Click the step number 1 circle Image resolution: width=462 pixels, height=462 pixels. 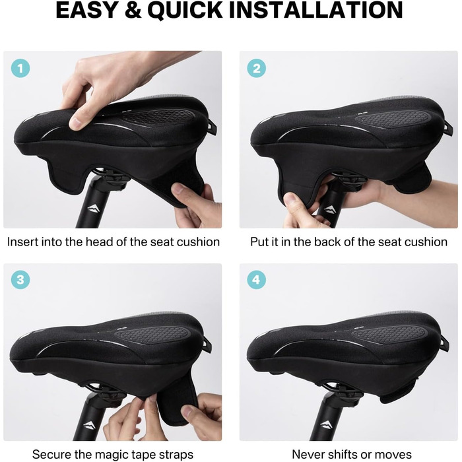tap(20, 69)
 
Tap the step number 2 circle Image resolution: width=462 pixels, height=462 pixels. tap(256, 69)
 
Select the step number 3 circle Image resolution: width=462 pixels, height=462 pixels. tap(20, 280)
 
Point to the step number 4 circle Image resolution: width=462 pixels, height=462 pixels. tap(256, 280)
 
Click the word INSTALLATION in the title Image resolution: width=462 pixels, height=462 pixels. tap(316, 10)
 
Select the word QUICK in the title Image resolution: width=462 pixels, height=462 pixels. tap(185, 11)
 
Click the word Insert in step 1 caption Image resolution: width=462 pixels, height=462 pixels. tap(22, 242)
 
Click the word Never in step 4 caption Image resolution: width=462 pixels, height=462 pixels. tap(306, 454)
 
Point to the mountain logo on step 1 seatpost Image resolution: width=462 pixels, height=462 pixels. tap(94, 209)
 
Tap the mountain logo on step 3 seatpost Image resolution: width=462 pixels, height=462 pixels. tap(89, 426)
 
